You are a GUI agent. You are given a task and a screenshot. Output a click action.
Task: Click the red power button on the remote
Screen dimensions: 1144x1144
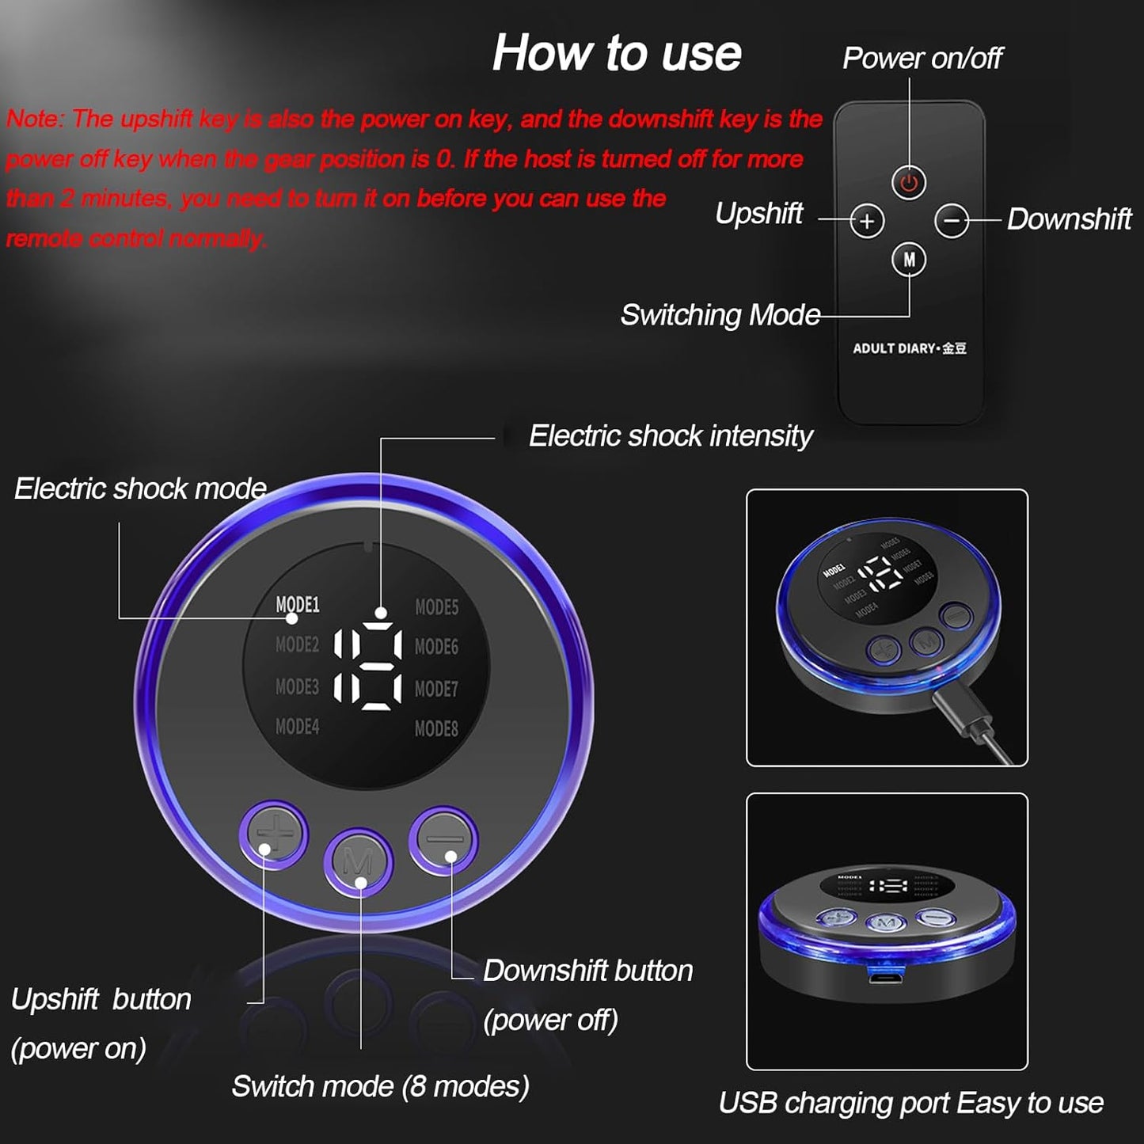(909, 183)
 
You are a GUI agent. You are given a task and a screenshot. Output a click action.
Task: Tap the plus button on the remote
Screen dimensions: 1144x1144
(867, 221)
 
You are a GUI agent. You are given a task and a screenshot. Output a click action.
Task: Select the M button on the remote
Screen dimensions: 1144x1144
(909, 259)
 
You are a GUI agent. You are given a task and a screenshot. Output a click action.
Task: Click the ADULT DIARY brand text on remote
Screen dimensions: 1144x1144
(909, 348)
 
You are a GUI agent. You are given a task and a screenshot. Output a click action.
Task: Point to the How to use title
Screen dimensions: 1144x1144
(617, 53)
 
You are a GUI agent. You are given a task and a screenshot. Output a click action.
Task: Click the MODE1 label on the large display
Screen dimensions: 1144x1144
(297, 605)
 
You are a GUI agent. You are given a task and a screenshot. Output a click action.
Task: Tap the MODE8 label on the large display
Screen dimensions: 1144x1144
(436, 728)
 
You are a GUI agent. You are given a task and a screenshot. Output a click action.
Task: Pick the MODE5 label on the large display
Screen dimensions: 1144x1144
(436, 607)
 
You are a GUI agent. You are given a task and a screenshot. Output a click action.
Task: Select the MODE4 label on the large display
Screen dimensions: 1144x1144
(297, 726)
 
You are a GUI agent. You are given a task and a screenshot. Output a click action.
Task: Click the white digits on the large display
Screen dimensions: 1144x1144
(367, 666)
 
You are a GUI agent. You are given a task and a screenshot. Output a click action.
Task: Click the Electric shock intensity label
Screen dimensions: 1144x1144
(670, 436)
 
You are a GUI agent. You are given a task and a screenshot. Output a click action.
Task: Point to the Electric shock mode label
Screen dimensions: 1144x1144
(140, 488)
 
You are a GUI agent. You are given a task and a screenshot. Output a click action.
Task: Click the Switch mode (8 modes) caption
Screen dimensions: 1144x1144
(380, 1086)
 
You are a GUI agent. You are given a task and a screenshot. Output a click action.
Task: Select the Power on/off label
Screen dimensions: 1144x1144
(922, 58)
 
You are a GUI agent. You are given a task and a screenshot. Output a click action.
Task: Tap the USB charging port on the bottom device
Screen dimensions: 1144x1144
(886, 975)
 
